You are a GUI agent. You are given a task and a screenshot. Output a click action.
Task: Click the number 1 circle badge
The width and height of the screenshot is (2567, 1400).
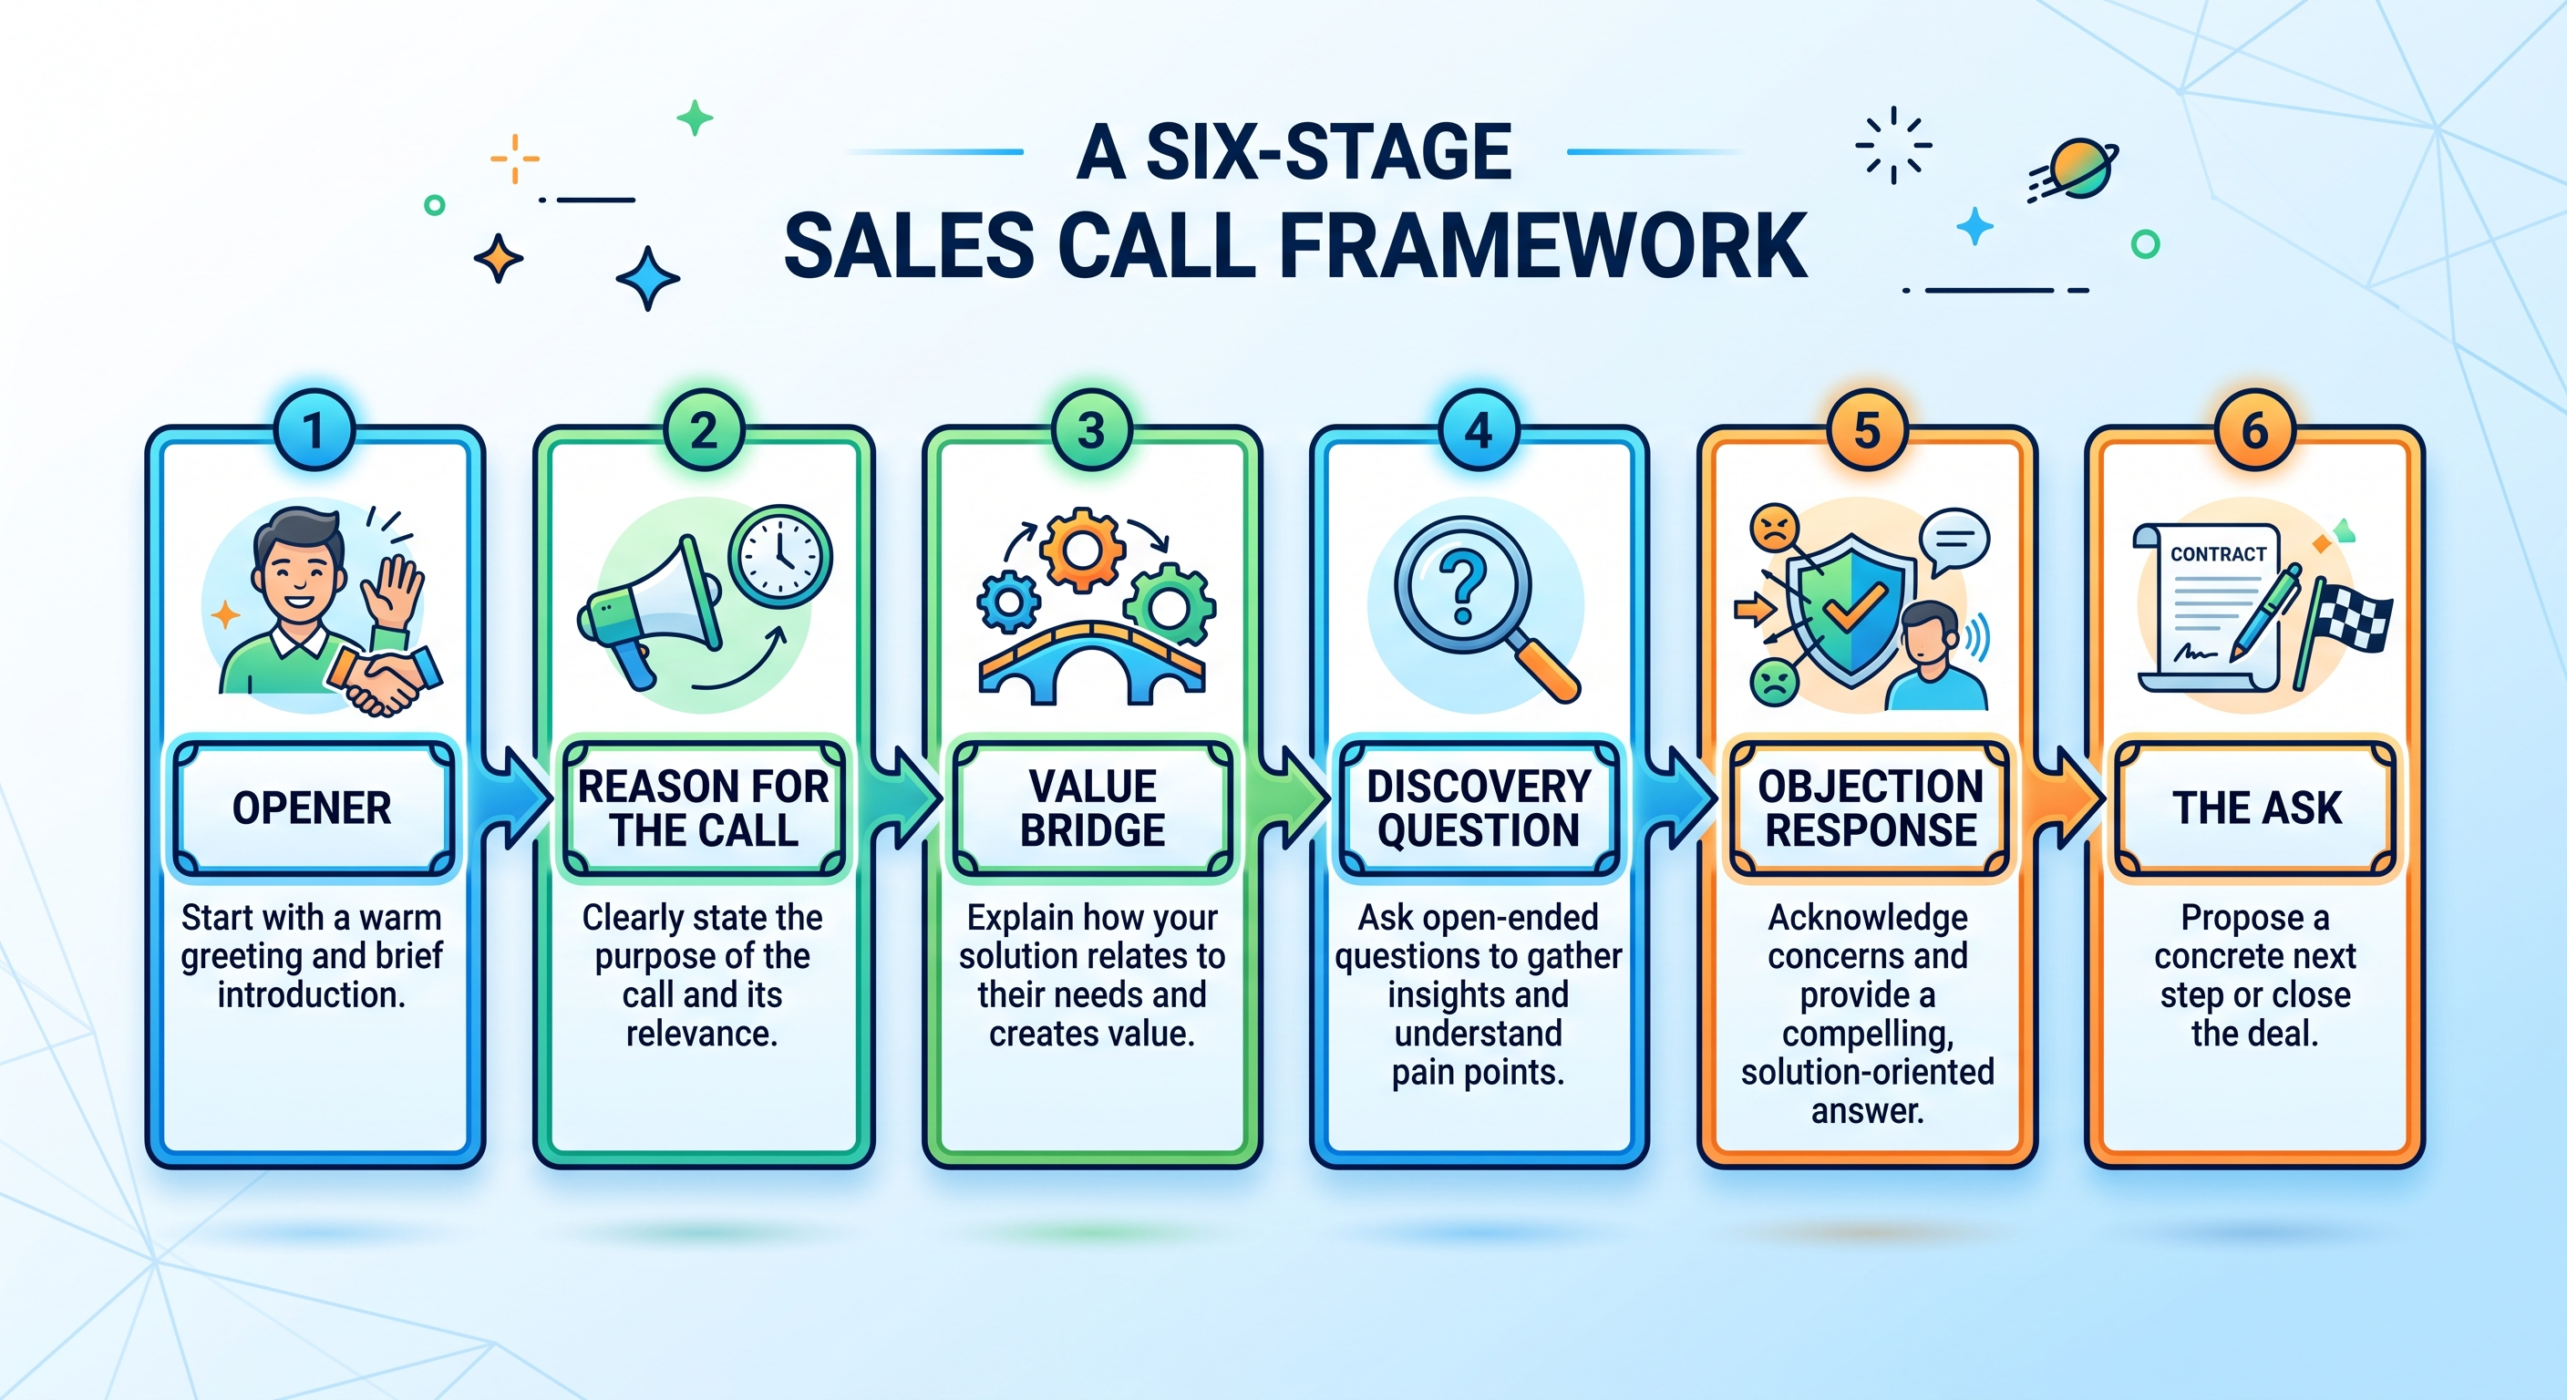pyautogui.click(x=314, y=430)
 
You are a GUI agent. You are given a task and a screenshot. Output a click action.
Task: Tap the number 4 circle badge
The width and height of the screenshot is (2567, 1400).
pyautogui.click(x=1479, y=430)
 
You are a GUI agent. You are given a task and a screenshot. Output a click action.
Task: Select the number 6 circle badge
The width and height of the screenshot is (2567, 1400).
pyautogui.click(x=2255, y=430)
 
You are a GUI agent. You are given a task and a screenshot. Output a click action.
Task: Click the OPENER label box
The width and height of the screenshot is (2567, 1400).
pyautogui.click(x=313, y=808)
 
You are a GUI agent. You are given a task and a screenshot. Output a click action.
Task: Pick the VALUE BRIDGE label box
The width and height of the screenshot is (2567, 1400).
pyautogui.click(x=1092, y=808)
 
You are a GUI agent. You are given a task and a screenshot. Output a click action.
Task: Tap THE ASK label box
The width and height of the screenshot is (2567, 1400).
pyautogui.click(x=2256, y=808)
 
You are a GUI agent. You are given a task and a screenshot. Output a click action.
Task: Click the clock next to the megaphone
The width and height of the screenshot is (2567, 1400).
pyautogui.click(x=780, y=556)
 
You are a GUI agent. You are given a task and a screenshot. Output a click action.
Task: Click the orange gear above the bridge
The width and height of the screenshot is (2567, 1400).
pyautogui.click(x=1083, y=550)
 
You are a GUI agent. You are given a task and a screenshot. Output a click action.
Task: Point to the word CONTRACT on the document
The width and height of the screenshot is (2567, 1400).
pyautogui.click(x=2218, y=554)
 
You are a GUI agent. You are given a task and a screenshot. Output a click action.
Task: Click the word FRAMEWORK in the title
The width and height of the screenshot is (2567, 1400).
pyautogui.click(x=1543, y=246)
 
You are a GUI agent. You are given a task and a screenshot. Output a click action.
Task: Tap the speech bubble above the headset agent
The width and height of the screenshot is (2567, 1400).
pyautogui.click(x=1954, y=541)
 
